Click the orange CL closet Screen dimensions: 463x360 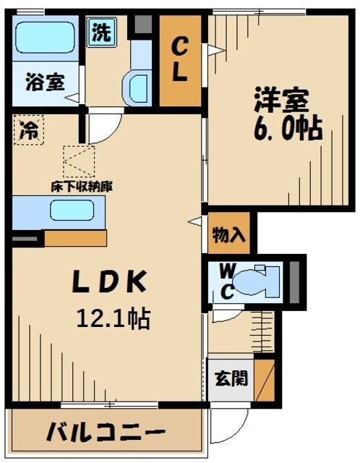click(179, 61)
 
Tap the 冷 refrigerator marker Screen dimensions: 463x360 click(30, 131)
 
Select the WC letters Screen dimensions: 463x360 click(226, 281)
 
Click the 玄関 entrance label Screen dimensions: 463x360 click(230, 378)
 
